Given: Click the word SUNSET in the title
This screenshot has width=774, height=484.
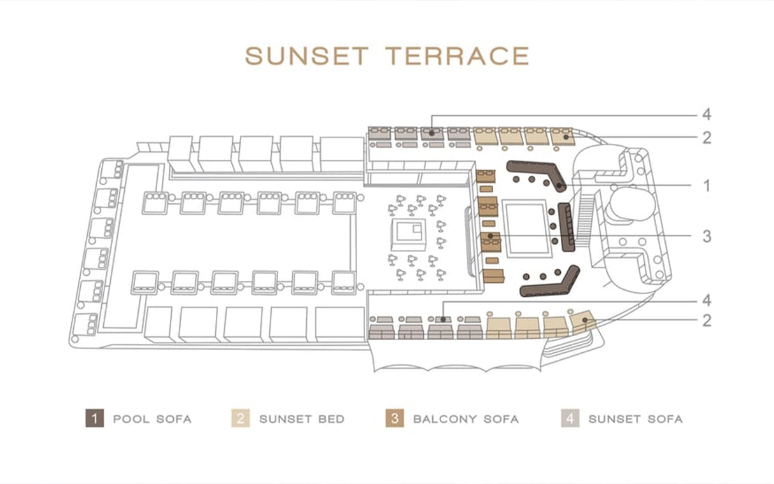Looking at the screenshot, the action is point(307,56).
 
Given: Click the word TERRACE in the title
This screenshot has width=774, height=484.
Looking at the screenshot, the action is point(457,56).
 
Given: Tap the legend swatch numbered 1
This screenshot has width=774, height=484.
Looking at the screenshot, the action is point(94,418).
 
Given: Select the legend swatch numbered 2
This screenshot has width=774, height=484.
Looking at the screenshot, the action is point(241,418).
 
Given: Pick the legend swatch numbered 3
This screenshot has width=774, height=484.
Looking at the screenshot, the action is point(395,418).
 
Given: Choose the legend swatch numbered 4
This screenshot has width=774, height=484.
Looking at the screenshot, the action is point(570,418).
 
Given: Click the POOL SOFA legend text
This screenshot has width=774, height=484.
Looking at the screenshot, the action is point(152,419).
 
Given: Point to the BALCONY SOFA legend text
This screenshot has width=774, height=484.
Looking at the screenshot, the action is point(466,419).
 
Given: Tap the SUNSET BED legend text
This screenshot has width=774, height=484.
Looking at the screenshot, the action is point(302,419).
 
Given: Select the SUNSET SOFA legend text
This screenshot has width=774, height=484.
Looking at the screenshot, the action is point(635,419).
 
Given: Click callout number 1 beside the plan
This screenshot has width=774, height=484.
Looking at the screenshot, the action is point(707,186).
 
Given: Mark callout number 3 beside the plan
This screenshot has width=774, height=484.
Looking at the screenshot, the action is point(707,236).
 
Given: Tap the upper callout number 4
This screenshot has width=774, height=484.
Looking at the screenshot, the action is point(707,115).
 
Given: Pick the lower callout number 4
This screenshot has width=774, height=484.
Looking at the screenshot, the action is point(707,301).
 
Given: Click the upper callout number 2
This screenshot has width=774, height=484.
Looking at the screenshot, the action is point(707,138).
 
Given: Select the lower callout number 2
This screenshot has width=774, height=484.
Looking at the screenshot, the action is point(707,320).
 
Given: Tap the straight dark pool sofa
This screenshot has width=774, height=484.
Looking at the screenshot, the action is point(566,227).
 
